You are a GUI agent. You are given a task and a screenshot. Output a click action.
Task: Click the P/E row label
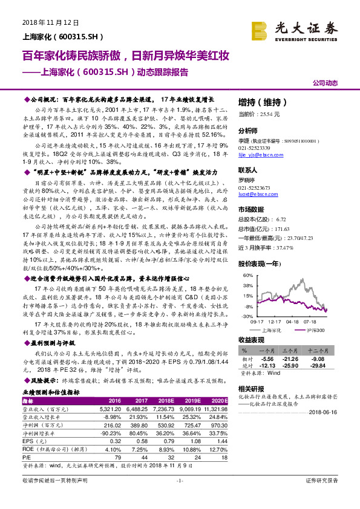tap(27, 456)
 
